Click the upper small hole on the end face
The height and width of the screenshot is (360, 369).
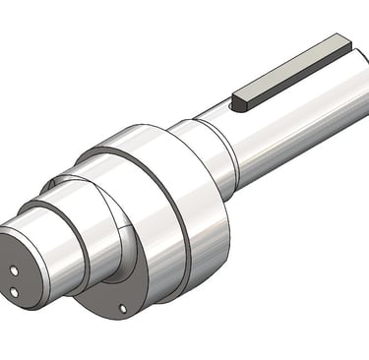pos(17,268)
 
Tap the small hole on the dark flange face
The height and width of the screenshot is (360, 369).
pos(122,308)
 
